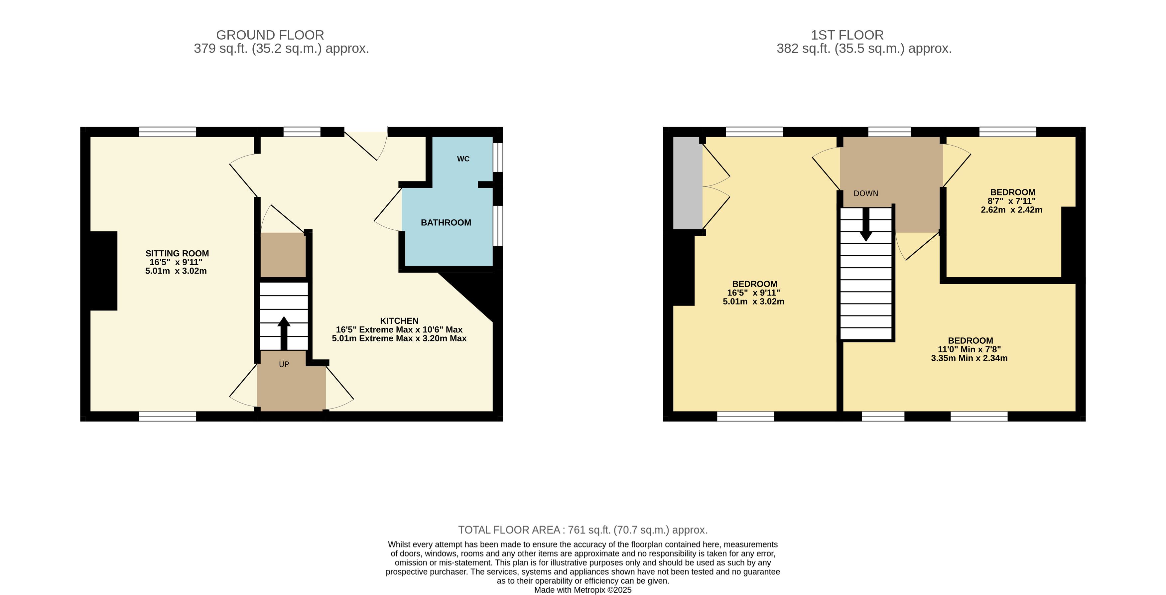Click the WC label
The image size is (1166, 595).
click(x=463, y=159)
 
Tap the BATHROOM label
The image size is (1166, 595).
click(x=446, y=223)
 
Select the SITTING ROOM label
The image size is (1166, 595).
click(x=177, y=253)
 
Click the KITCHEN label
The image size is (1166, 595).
click(x=399, y=321)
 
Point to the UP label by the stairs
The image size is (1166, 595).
click(x=284, y=364)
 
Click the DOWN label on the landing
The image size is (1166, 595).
click(x=866, y=194)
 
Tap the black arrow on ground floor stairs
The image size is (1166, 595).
click(x=284, y=333)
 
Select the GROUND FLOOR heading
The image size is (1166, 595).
click(x=270, y=35)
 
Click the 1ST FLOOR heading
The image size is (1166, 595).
click(x=847, y=35)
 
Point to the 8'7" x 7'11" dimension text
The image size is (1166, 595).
click(x=1012, y=201)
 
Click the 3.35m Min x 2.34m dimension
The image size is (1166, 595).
click(x=969, y=358)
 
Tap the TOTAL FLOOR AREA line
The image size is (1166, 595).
click(x=583, y=530)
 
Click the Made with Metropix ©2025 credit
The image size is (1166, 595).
click(x=583, y=590)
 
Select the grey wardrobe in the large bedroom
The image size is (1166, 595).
click(x=688, y=183)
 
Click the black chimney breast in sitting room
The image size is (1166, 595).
click(x=104, y=271)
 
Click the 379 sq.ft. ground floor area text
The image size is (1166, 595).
click(x=282, y=49)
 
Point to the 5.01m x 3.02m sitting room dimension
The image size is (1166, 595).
click(x=176, y=271)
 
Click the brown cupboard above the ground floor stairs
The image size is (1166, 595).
click(x=283, y=255)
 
